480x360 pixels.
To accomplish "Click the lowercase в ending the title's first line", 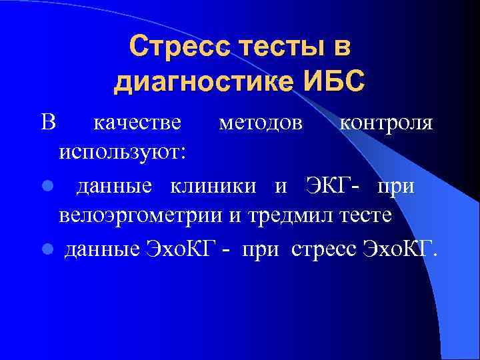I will click(x=341, y=47).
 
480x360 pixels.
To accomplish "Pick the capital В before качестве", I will click(x=47, y=123).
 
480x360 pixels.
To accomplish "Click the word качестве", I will click(x=137, y=123).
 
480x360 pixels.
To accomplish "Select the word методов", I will click(x=253, y=123).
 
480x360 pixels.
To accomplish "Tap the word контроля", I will click(x=386, y=123).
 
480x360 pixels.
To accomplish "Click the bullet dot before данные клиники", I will click(x=47, y=187).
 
